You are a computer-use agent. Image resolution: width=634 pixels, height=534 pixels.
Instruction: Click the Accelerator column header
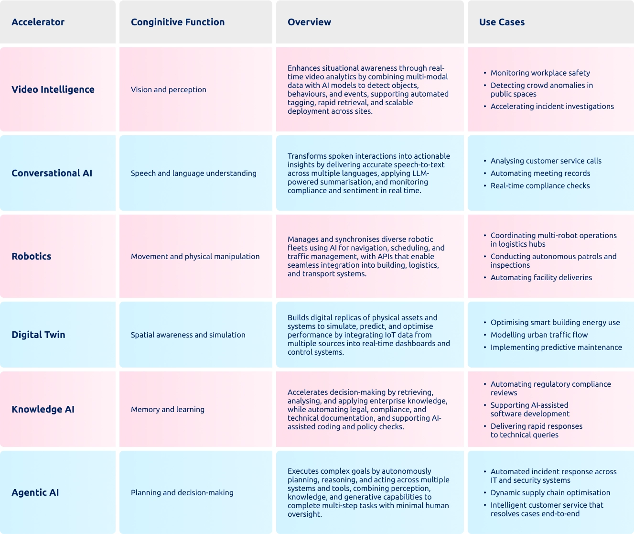pos(38,22)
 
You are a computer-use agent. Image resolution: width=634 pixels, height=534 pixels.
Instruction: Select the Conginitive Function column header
pos(177,22)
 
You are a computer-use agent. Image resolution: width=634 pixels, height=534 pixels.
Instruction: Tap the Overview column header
pos(309,22)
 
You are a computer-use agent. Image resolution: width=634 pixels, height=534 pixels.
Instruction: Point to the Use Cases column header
pos(502,22)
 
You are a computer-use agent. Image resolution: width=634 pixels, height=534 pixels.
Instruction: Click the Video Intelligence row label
pos(53,89)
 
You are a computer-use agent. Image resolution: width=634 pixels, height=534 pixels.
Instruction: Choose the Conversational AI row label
pos(52,173)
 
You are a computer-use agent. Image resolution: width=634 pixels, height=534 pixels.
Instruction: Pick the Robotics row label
pos(31,256)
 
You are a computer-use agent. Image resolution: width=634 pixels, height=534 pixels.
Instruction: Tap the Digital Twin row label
pos(38,335)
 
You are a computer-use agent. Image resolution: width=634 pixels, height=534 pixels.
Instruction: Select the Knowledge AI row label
pos(43,409)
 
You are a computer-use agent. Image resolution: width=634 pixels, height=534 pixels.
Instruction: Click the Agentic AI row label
pos(35,492)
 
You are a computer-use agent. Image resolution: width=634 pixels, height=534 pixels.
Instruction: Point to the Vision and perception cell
pos(169,89)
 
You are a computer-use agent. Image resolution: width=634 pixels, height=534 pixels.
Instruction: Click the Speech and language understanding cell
pos(193,173)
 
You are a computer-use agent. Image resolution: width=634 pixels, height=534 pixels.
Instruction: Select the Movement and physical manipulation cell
pos(195,256)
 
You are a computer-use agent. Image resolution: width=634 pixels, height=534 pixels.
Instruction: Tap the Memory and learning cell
pos(168,409)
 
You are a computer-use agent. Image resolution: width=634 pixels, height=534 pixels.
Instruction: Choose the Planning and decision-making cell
pos(182,492)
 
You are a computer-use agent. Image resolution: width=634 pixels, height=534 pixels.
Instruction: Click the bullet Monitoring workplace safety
pos(540,73)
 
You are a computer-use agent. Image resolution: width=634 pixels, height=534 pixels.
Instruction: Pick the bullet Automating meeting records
pos(540,174)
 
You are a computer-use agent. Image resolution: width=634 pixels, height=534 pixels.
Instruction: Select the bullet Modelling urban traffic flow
pos(539,335)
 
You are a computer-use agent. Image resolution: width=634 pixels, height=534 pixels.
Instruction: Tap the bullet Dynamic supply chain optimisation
pos(550,493)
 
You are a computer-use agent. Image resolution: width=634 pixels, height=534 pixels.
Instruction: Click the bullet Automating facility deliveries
pos(541,278)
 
